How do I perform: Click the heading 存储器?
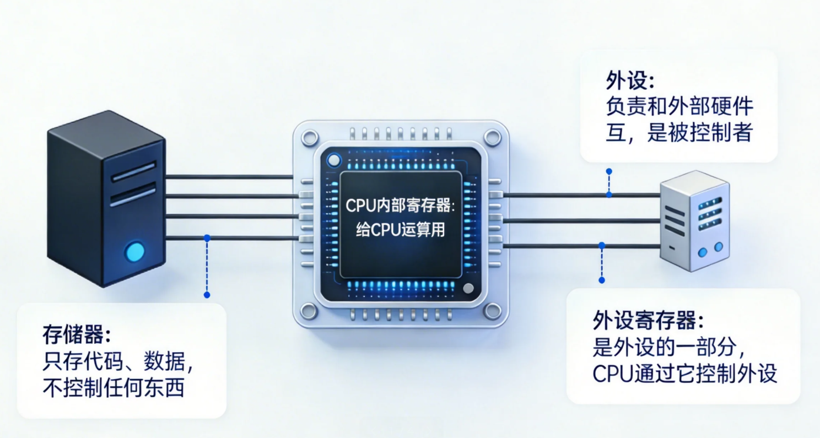pos(77,334)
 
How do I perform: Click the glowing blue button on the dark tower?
pos(135,252)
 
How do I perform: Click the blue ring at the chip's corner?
pos(334,160)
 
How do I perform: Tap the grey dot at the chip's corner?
pos(468,288)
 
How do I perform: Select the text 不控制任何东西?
pos(114,388)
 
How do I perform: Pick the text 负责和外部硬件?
pos(679,107)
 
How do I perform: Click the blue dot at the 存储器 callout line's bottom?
pos(207,295)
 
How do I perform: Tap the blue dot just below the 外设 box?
pos(609,171)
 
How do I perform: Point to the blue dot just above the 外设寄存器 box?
pos(602,280)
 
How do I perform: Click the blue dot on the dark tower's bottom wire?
pos(207,238)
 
